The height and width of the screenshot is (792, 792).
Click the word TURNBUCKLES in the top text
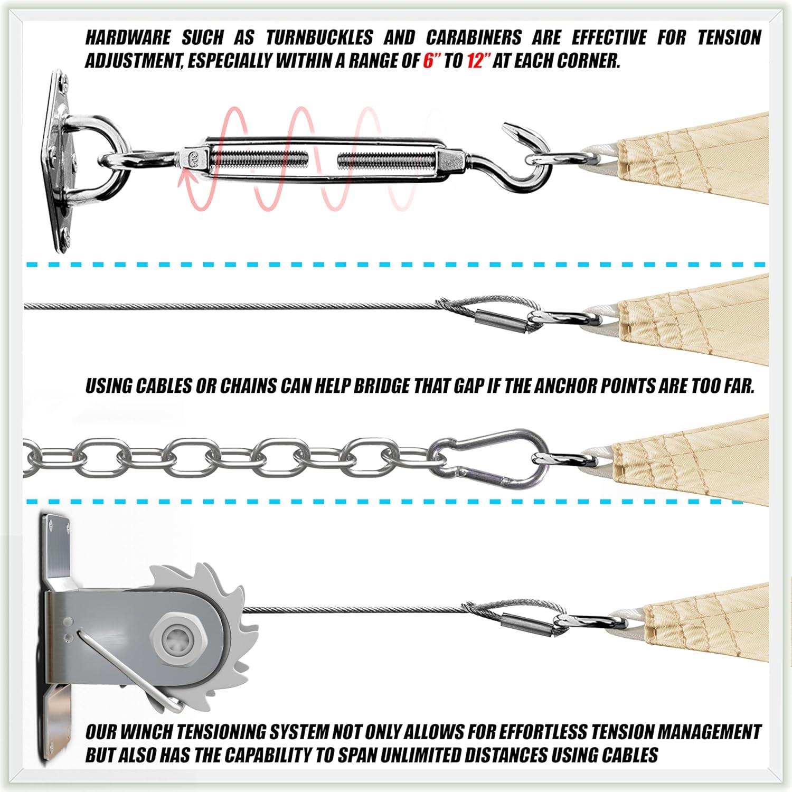coord(319,37)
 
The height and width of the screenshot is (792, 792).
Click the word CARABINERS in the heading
coord(473,37)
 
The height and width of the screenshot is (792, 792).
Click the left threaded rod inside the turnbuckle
coord(259,159)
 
